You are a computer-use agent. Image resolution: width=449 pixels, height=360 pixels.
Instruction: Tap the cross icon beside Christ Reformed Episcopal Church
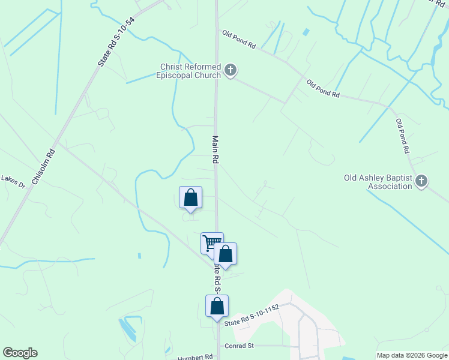coord(230,71)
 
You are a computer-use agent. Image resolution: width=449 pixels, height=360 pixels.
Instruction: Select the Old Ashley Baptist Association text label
coord(378,182)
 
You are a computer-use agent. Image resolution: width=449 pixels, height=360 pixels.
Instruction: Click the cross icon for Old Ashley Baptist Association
coord(422,181)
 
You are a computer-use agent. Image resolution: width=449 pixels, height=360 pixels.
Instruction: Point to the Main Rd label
coord(214,149)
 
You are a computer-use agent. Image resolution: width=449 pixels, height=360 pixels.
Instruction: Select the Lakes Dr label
coord(13,179)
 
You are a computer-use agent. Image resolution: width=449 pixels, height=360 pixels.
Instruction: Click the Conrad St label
coord(240,346)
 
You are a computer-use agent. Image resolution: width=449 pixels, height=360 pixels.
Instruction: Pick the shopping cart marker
coord(211,243)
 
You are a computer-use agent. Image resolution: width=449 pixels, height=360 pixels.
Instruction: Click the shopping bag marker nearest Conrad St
coord(217,306)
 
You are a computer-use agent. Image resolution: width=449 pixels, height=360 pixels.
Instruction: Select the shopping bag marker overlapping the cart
coord(225,254)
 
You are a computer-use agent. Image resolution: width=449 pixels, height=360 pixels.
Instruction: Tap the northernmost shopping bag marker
coord(190,197)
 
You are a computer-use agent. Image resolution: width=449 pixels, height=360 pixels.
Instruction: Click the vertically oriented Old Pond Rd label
coord(402,135)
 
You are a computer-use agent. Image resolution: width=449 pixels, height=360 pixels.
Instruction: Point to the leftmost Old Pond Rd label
coord(238,40)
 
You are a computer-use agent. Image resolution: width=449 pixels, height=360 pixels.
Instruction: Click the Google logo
coord(20,353)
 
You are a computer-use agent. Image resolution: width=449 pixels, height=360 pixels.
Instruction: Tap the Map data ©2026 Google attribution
coord(412,355)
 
